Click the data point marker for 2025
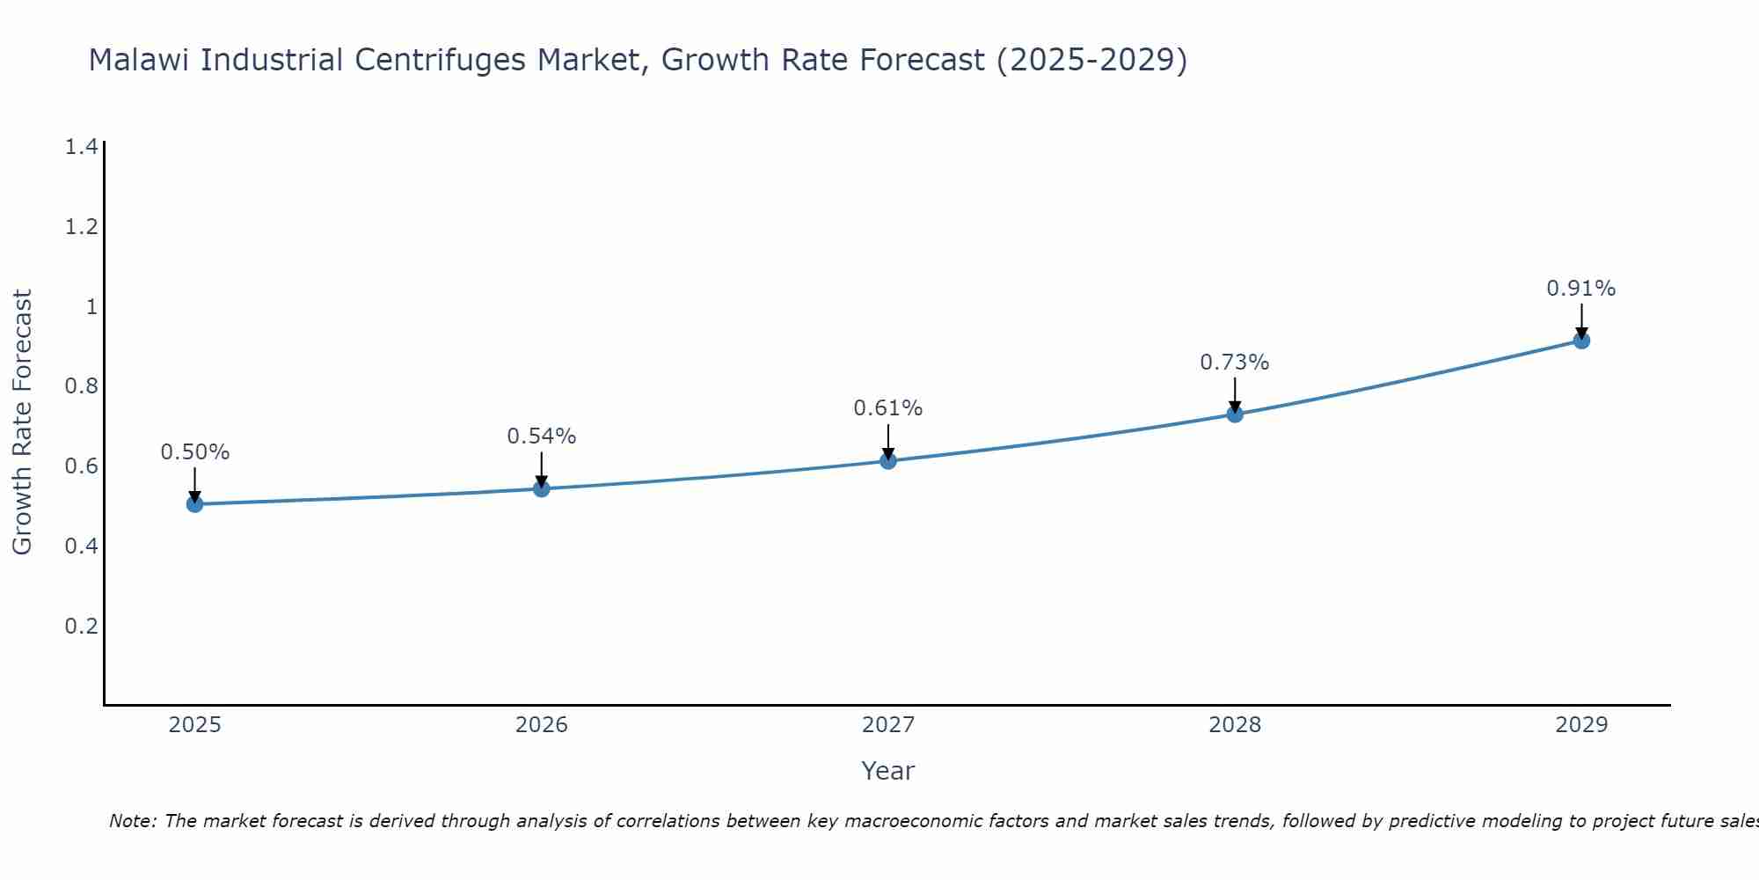[x=194, y=504]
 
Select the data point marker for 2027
[x=888, y=460]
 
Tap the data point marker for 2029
[x=1581, y=341]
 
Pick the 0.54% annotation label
[x=541, y=436]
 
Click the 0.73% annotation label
[x=1234, y=363]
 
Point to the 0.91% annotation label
[x=1580, y=289]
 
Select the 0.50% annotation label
[x=194, y=452]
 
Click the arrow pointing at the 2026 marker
[x=541, y=469]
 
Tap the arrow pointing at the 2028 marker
[x=1235, y=395]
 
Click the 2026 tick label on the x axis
[x=541, y=725]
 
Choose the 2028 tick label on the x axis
[x=1234, y=725]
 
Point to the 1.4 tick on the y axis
[x=81, y=147]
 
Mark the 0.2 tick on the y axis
[x=81, y=627]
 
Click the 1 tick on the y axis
[x=91, y=307]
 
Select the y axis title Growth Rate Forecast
[x=22, y=422]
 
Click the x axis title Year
[x=887, y=771]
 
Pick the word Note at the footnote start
[x=132, y=821]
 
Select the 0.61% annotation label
[x=887, y=408]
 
